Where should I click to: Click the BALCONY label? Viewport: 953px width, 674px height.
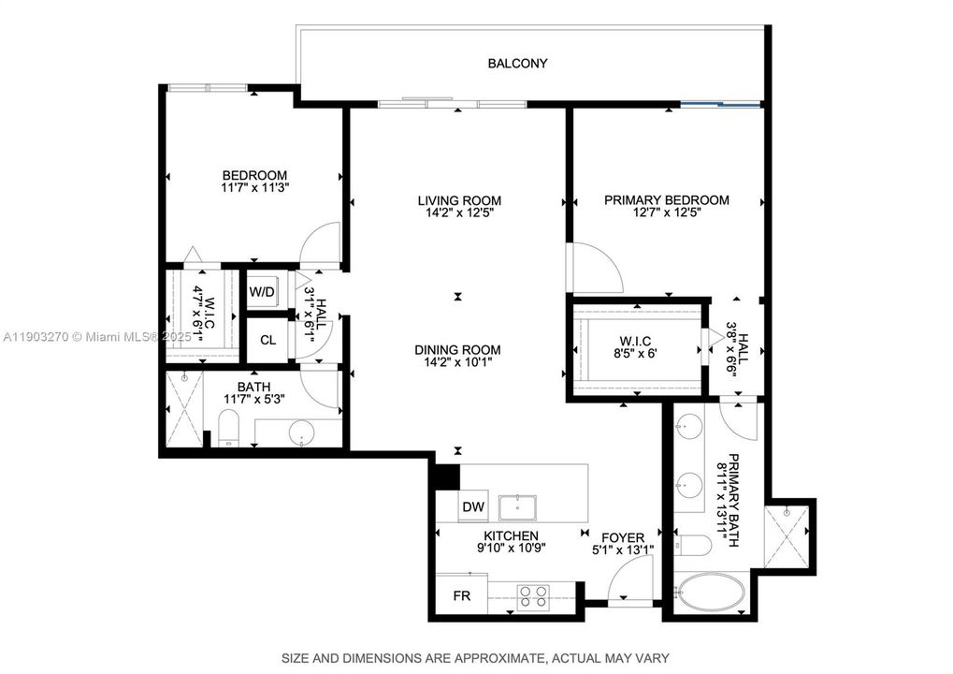517,64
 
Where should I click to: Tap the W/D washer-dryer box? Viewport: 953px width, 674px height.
262,292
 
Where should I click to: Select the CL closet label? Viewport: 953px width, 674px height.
267,340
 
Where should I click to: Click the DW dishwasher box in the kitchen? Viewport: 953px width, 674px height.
473,507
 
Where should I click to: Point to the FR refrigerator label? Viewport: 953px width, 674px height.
461,595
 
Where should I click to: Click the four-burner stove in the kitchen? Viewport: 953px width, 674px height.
533,596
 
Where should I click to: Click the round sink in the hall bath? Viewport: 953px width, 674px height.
301,433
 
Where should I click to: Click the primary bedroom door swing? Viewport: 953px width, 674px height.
596,268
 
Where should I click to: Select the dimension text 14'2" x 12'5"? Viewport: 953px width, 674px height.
458,212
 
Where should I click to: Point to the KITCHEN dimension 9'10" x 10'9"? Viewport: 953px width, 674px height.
506,549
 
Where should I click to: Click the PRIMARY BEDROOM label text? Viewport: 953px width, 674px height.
666,199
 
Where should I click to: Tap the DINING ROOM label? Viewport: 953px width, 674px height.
458,350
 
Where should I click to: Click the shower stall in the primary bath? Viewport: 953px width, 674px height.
789,534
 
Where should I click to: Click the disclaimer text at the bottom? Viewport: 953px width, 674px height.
476,655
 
